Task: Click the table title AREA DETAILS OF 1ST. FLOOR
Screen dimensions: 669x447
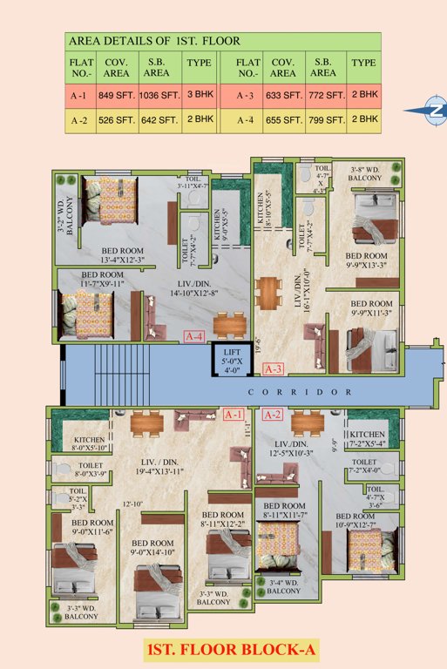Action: pos(154,41)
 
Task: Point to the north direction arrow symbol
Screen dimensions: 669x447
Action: pos(426,111)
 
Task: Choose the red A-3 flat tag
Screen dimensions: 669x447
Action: pos(273,368)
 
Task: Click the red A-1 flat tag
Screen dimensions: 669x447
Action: pos(234,415)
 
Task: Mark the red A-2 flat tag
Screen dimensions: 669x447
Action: pos(273,415)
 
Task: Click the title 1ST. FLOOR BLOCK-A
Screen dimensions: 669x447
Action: pos(225,647)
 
